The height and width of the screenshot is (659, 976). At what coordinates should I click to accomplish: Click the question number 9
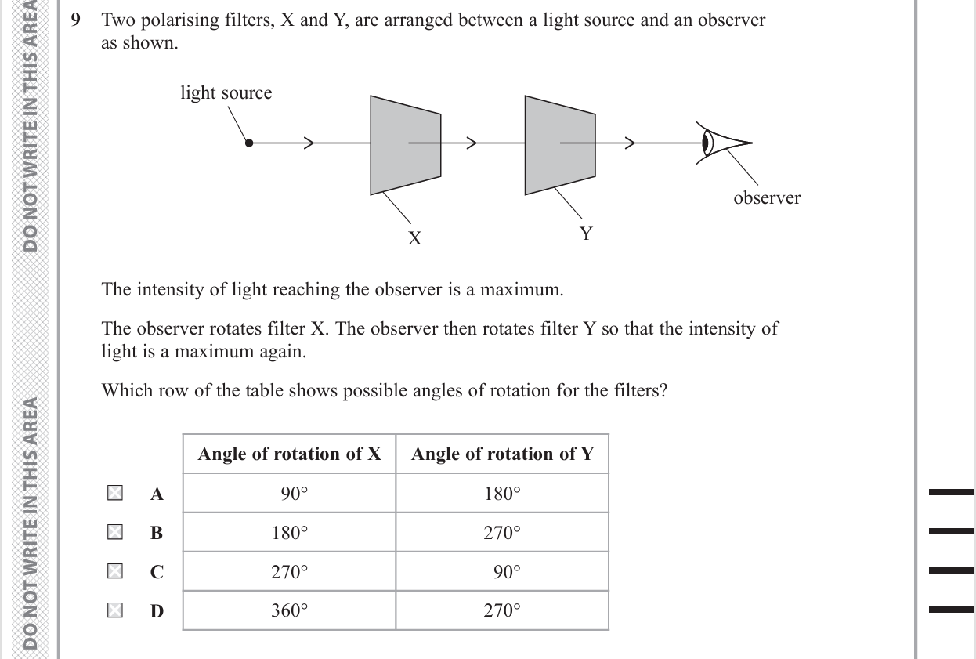pos(76,21)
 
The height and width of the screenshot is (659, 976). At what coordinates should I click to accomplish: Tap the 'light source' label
pos(226,93)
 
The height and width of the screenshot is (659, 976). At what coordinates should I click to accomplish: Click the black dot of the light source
pos(249,143)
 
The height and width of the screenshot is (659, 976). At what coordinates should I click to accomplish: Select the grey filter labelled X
pos(405,145)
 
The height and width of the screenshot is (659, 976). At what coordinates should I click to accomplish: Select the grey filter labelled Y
pos(559,145)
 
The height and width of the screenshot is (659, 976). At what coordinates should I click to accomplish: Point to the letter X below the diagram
pos(414,238)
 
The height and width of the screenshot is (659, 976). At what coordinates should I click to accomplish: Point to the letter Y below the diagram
pos(586,234)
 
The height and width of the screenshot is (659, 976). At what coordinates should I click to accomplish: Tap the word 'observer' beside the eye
pos(767,198)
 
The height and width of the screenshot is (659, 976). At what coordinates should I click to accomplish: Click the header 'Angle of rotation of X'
pos(289,454)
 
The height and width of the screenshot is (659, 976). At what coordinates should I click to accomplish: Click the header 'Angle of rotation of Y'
pos(502,454)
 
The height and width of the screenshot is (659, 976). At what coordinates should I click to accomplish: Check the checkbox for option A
pos(114,493)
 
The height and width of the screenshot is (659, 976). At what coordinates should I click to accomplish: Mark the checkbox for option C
pos(114,571)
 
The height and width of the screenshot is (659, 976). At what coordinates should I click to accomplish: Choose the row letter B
pos(157,533)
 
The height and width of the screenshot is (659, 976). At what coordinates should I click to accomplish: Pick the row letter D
pos(157,611)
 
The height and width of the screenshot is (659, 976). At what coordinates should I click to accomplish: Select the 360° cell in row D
pos(290,611)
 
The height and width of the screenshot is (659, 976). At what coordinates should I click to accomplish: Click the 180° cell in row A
pos(502,494)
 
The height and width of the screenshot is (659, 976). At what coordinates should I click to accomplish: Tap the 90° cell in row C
pos(507,572)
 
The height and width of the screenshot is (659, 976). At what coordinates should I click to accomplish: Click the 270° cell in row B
pos(502,533)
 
